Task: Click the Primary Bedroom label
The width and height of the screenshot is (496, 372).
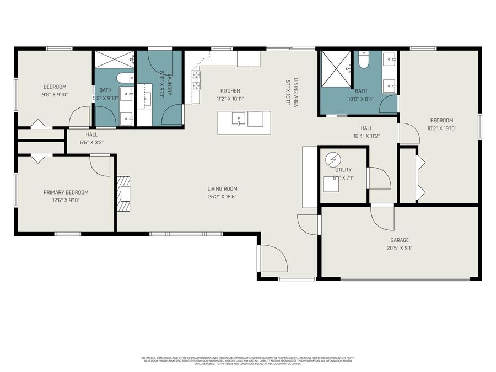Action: [66, 192]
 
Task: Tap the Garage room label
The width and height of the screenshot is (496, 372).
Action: [399, 240]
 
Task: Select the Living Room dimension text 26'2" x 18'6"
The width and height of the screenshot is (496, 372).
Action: [222, 196]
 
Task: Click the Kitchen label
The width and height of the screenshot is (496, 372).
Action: [230, 91]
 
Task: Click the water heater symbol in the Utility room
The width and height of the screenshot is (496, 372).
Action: [333, 160]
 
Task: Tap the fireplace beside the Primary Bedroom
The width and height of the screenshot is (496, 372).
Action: [124, 193]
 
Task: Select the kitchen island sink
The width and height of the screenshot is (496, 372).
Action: [238, 118]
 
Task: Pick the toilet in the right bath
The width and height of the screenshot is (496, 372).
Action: [363, 60]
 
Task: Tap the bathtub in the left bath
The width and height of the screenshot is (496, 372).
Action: [124, 78]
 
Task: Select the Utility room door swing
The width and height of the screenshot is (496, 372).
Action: [379, 178]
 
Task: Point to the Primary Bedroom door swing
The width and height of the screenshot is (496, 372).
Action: [100, 165]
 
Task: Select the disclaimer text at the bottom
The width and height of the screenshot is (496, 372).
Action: [247, 361]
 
